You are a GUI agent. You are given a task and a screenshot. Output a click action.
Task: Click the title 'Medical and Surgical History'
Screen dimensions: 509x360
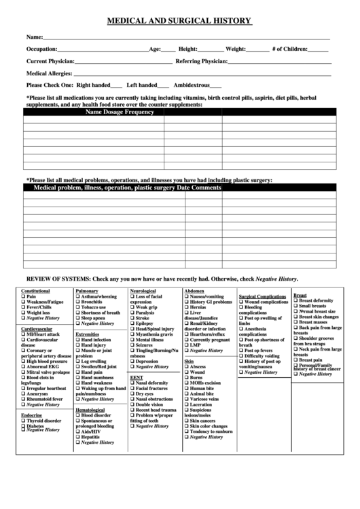(x=179, y=21)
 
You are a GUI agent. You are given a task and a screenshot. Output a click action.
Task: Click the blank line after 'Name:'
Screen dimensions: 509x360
(x=187, y=37)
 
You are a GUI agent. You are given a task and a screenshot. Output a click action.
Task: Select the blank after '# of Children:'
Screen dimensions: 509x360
(x=318, y=50)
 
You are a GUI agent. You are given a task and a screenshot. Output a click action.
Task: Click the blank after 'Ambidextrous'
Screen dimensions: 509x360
(x=215, y=86)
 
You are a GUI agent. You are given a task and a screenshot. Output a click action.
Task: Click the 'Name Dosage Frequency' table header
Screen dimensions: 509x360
(x=120, y=112)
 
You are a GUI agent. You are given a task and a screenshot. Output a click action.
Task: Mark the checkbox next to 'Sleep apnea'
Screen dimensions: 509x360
(x=77, y=318)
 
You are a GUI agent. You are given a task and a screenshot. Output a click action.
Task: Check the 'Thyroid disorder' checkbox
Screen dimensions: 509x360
(x=23, y=421)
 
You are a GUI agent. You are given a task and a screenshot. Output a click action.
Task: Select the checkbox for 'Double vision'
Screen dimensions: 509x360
(x=132, y=404)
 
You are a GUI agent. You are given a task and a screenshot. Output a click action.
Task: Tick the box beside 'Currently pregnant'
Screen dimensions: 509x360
(x=186, y=339)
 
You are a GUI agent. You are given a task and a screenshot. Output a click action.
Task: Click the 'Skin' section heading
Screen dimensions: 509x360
(x=189, y=361)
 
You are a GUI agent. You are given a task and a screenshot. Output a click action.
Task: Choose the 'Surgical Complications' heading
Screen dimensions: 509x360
(x=262, y=296)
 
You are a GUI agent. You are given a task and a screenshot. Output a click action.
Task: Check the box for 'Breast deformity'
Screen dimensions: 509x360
(x=295, y=300)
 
